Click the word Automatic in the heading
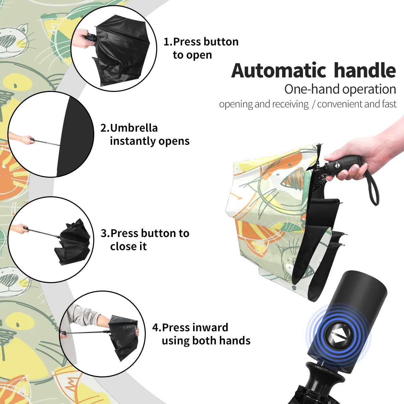[x=279, y=70]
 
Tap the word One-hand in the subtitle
[x=312, y=89]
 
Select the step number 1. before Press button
[x=168, y=42]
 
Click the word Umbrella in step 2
[x=134, y=128]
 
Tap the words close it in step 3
[x=128, y=246]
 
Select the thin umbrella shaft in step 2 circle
[x=47, y=143]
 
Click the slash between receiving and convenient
[x=313, y=104]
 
